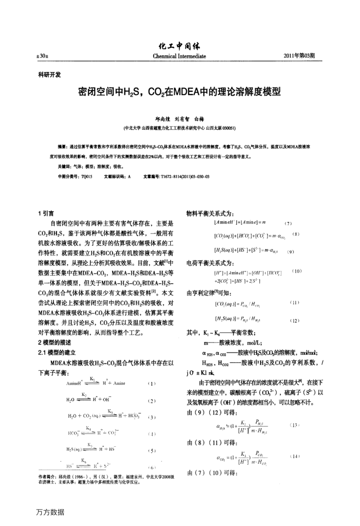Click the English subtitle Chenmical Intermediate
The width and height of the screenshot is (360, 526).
coord(179,56)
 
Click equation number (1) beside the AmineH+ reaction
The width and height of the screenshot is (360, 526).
coord(152,384)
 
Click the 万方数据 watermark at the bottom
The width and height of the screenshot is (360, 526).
coord(50,512)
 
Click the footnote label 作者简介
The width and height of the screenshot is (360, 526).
coord(48,476)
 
